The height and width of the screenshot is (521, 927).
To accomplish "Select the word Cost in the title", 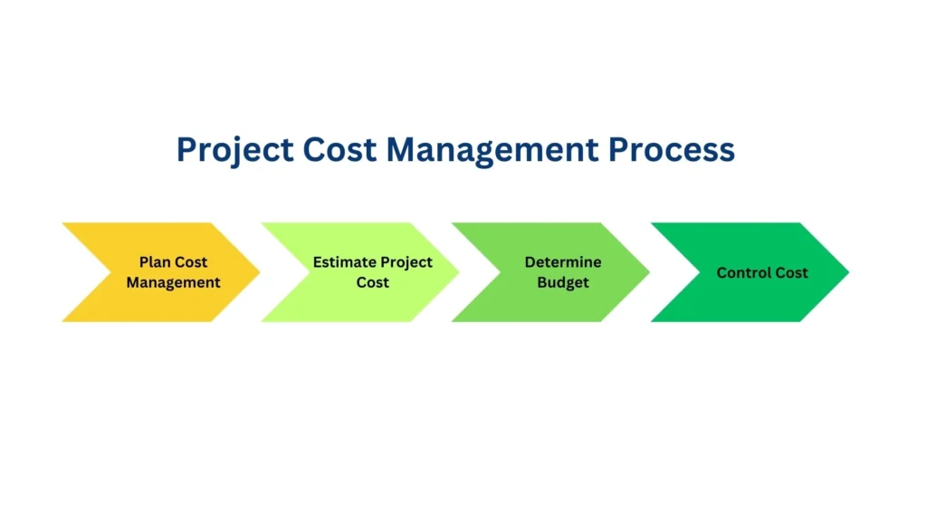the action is point(339,149).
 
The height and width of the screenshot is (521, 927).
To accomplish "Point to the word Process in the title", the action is point(672,149).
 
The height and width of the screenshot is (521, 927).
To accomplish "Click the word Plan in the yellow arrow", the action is point(154,261).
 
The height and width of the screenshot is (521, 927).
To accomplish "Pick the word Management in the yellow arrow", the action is point(173,282).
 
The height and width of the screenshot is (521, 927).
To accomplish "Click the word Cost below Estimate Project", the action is point(372,282).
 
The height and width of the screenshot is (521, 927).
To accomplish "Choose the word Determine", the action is point(563,261).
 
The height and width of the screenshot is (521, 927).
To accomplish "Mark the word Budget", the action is point(563,283).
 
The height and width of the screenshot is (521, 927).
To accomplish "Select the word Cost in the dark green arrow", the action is point(791,272).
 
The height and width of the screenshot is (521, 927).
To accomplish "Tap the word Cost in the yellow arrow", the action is point(190,261).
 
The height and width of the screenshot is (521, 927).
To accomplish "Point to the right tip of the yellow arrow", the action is point(260,272).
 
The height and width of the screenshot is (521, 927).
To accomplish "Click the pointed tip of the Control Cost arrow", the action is point(849,272).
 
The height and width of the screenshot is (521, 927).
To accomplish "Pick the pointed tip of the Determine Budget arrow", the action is point(650,272).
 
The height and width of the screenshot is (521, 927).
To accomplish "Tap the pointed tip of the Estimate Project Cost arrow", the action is point(459,272).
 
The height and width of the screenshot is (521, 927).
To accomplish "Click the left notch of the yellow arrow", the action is point(111,272).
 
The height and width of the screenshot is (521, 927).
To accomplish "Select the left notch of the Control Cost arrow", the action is point(700,272).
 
